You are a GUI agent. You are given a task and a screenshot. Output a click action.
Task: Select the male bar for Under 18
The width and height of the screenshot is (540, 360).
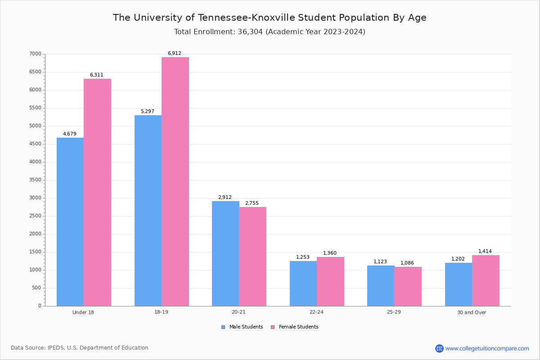pyautogui.click(x=70, y=222)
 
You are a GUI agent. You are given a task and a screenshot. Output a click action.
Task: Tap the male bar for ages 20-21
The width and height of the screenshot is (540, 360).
pyautogui.click(x=225, y=253)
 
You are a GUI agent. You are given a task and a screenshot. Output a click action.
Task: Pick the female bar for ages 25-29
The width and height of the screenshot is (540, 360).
pyautogui.click(x=408, y=286)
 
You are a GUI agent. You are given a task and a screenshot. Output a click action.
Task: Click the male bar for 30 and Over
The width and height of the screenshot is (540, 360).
pyautogui.click(x=459, y=284)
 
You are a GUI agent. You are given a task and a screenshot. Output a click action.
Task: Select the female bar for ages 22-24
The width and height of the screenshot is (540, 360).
pyautogui.click(x=330, y=281)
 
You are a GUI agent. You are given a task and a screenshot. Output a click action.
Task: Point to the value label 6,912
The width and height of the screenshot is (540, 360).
pyautogui.click(x=175, y=53)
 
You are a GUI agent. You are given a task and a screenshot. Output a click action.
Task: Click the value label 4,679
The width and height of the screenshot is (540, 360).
pyautogui.click(x=70, y=134)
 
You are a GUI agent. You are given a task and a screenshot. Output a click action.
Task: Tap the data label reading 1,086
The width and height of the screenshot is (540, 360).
pyautogui.click(x=407, y=263)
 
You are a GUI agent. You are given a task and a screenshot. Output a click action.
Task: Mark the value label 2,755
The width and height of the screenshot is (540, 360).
pyautogui.click(x=252, y=203)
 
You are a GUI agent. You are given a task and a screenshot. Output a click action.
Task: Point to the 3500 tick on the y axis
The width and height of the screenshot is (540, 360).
pyautogui.click(x=36, y=180)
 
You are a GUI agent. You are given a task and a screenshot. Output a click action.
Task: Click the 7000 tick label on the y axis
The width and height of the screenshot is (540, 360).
pyautogui.click(x=36, y=54)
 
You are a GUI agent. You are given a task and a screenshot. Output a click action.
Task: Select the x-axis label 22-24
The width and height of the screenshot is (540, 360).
pyautogui.click(x=316, y=312)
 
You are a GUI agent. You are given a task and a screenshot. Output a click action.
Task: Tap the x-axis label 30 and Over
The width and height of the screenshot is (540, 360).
pyautogui.click(x=472, y=312)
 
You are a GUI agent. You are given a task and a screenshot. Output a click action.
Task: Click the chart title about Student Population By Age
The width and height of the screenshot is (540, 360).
pyautogui.click(x=270, y=18)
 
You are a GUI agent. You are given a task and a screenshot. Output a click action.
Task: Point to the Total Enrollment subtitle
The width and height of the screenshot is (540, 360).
pyautogui.click(x=270, y=32)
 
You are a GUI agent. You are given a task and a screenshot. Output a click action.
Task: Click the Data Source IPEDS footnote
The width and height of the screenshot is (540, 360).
pyautogui.click(x=80, y=348)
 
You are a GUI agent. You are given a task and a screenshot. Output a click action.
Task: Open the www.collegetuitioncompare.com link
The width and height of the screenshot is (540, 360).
pyautogui.click(x=487, y=348)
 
